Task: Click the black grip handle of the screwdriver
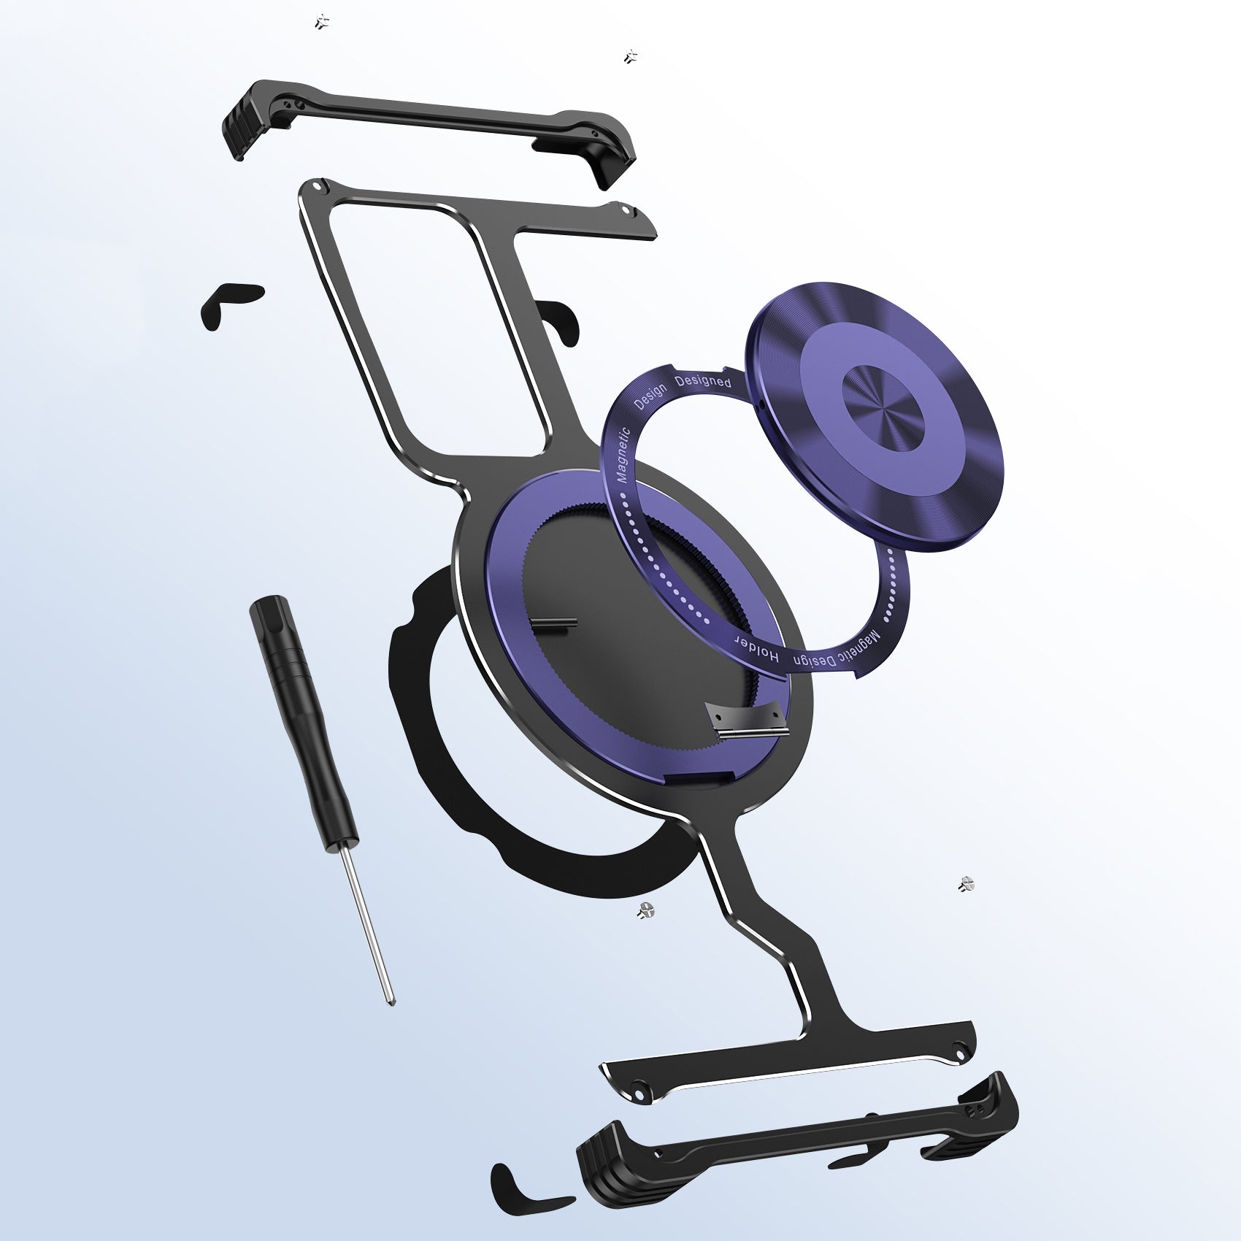pyautogui.click(x=302, y=722)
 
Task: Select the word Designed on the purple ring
pyautogui.click(x=703, y=381)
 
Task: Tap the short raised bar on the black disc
pyautogui.click(x=555, y=623)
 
